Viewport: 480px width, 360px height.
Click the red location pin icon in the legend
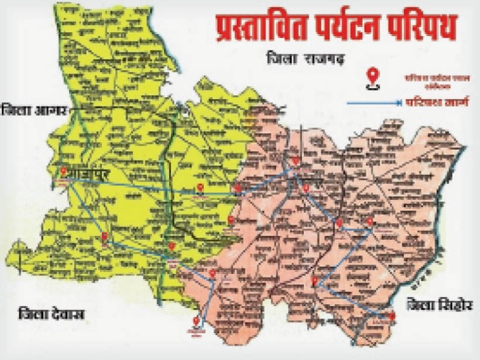click(373, 77)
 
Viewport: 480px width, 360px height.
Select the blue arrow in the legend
click(375, 102)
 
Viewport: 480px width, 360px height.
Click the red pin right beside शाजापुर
click(63, 172)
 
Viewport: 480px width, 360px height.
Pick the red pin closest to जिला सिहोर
click(391, 317)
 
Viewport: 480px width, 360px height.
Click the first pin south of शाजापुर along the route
click(104, 237)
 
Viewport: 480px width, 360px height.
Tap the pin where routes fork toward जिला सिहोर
click(315, 282)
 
